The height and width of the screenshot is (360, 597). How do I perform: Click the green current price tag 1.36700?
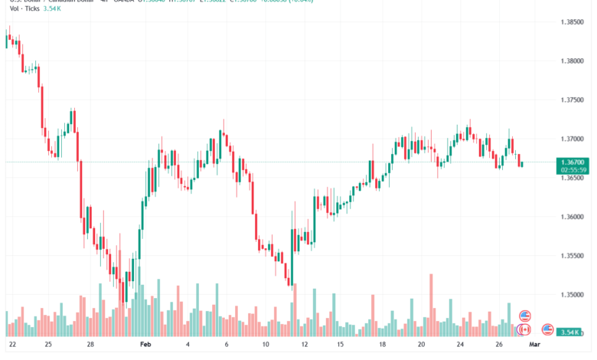point(572,162)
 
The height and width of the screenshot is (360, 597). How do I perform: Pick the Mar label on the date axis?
point(535,345)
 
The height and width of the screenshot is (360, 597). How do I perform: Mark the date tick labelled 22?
point(12,345)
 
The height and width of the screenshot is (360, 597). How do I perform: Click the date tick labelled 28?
point(90,345)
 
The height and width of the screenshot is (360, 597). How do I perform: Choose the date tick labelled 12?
point(304,345)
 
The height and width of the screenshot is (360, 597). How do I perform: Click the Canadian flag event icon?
point(524,329)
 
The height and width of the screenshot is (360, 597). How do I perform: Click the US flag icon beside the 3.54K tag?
point(548,330)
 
